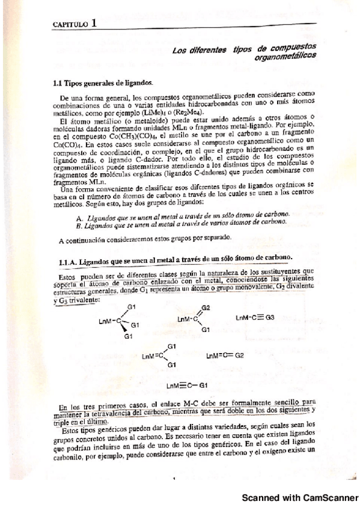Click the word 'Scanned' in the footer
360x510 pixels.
coord(263,499)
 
